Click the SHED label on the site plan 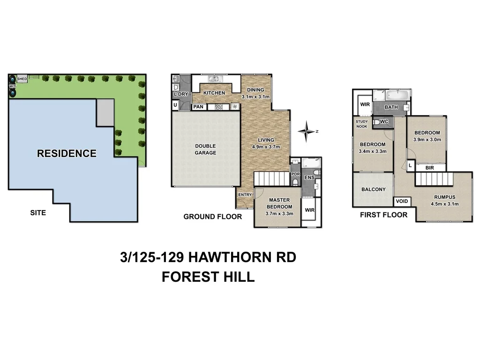click(x=22, y=79)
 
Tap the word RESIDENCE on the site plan click(x=67, y=153)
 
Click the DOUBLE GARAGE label click(x=205, y=149)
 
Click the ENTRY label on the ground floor click(x=245, y=195)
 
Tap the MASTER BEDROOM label click(x=279, y=203)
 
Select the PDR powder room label click(x=295, y=174)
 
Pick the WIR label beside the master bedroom click(x=309, y=210)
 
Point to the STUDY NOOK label click(x=361, y=124)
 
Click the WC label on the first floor click(x=384, y=122)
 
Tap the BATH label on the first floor click(x=391, y=107)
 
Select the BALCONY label click(x=373, y=189)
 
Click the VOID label click(x=402, y=202)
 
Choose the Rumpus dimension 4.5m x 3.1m click(x=444, y=203)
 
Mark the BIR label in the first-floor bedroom click(x=429, y=167)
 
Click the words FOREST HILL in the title click(x=208, y=277)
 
